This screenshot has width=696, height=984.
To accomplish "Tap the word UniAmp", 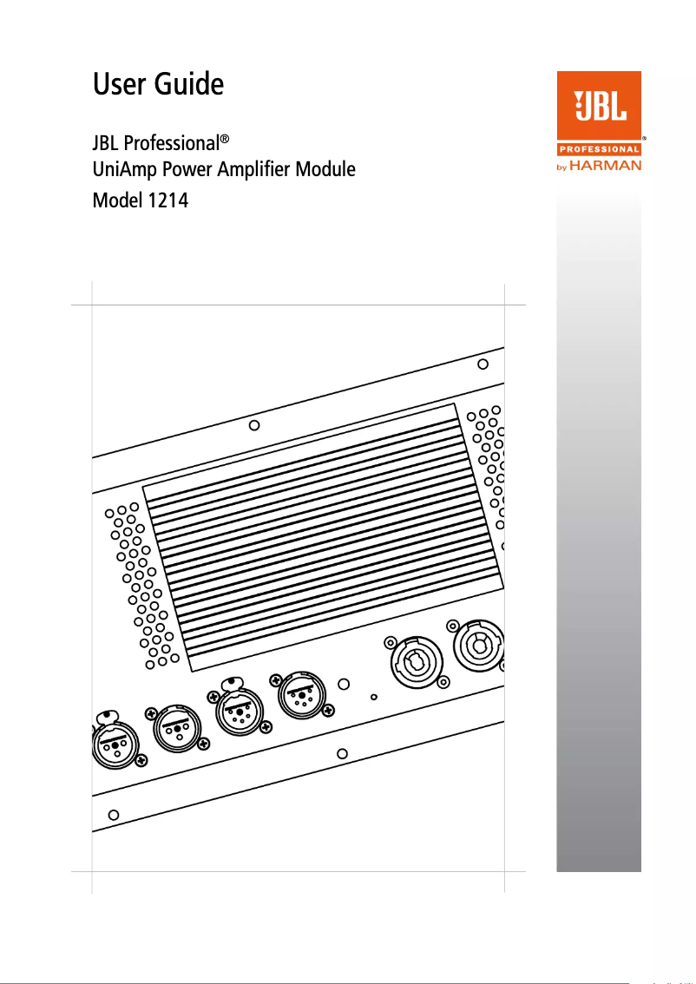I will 127,169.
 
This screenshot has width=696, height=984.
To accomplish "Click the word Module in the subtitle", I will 326,169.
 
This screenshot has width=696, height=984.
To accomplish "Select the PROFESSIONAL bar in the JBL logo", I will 598,149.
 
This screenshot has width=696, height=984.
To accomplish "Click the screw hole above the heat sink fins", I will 254,425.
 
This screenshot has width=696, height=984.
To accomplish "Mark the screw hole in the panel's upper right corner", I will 483,364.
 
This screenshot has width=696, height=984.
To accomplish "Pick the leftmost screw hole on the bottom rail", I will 112,816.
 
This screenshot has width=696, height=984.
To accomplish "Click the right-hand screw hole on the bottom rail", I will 343,754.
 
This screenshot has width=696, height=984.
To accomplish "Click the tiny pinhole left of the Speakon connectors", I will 374,696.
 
